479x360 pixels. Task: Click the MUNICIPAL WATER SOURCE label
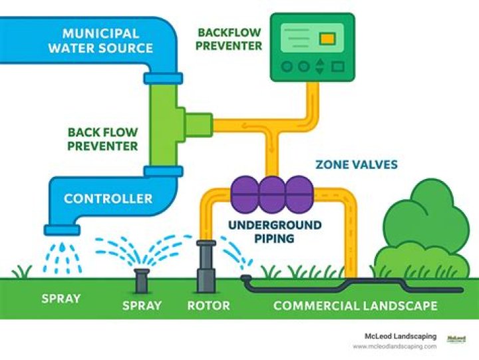[x=107, y=40]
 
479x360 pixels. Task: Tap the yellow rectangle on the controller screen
[x=327, y=39]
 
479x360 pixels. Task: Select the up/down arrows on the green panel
[x=320, y=67]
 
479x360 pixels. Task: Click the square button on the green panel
[x=338, y=67]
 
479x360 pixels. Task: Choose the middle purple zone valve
[x=271, y=194]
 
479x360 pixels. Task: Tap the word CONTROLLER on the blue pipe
[x=108, y=198]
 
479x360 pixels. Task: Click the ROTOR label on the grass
[x=208, y=306]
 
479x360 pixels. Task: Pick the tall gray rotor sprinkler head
[x=206, y=266]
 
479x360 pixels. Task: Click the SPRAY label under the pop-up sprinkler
[x=142, y=306]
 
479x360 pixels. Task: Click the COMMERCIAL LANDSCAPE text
[x=355, y=306]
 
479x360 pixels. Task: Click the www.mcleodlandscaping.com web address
[x=395, y=346]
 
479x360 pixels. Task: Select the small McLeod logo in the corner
[x=456, y=340]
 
